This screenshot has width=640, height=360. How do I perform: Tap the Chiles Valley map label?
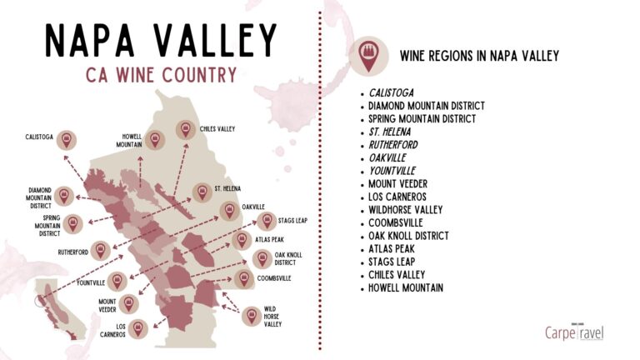(x=217, y=130)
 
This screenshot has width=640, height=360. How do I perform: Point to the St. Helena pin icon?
(x=201, y=192)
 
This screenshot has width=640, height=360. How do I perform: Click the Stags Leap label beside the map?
(x=295, y=222)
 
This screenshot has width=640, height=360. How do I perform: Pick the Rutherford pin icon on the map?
(x=100, y=250)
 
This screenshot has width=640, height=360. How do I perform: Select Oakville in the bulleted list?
(x=388, y=157)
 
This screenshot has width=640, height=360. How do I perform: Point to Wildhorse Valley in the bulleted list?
(x=406, y=209)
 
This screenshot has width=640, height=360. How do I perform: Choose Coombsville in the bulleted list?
(x=396, y=222)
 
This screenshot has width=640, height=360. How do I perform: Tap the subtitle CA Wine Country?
(x=161, y=74)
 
